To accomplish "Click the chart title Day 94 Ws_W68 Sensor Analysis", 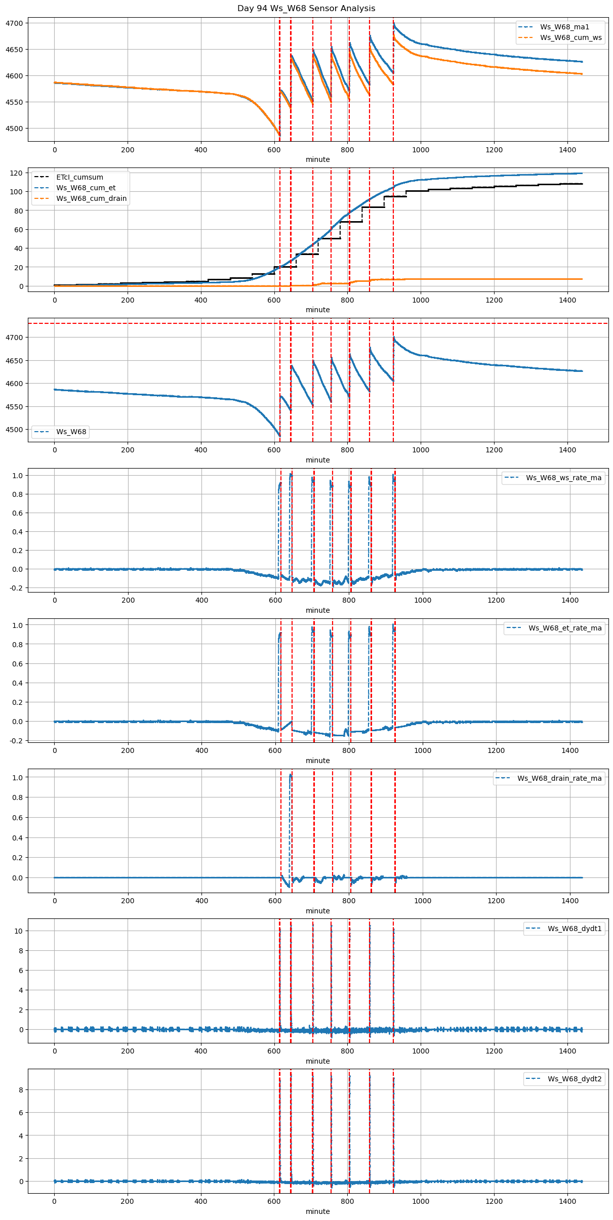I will (x=306, y=8).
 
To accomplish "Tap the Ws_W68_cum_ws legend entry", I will (x=570, y=37).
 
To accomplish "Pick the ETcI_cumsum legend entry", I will (x=79, y=177).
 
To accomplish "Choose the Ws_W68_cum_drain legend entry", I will (x=91, y=198).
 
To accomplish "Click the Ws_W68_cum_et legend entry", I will (x=86, y=188).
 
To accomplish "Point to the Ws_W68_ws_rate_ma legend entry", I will (x=563, y=478).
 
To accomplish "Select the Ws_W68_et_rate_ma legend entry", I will (x=565, y=628).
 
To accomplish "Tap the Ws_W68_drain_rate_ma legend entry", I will (x=559, y=778).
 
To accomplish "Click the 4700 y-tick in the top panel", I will (x=14, y=23).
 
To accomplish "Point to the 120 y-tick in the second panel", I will (x=16, y=173).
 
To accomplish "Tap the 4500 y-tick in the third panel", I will (x=14, y=430).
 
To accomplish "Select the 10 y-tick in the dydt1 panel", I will (x=18, y=931).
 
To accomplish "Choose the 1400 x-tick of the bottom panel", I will (x=567, y=1201).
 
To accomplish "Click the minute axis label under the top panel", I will (x=317, y=159).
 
